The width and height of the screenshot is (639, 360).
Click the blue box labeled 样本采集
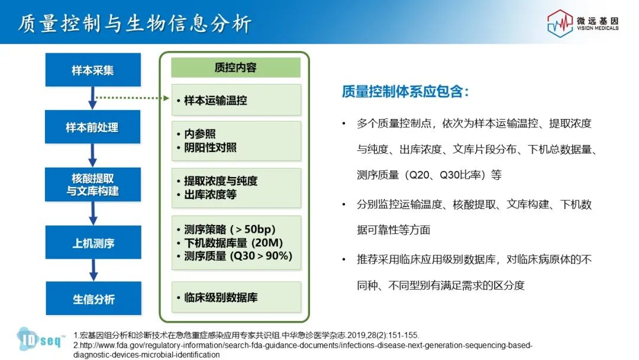(93, 70)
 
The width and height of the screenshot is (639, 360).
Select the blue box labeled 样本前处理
(92, 127)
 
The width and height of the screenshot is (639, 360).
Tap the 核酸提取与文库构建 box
(93, 184)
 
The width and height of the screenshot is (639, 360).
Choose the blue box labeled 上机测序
(93, 242)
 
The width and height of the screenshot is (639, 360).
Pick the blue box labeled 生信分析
(93, 298)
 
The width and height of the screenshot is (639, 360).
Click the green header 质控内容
(235, 67)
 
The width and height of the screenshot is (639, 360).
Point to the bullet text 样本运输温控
(215, 100)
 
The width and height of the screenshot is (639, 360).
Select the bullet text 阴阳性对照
(210, 147)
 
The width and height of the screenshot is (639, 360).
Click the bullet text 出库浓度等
(210, 194)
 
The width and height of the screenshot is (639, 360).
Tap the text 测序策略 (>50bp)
(230, 229)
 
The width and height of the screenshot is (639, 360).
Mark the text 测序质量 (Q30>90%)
(238, 256)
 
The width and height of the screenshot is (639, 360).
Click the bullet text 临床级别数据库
(221, 298)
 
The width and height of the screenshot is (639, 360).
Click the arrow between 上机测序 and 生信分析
(93, 270)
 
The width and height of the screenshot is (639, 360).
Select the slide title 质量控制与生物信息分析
(134, 23)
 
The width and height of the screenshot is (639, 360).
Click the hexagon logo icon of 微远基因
(560, 23)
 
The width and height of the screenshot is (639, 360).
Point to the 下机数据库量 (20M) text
(233, 243)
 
